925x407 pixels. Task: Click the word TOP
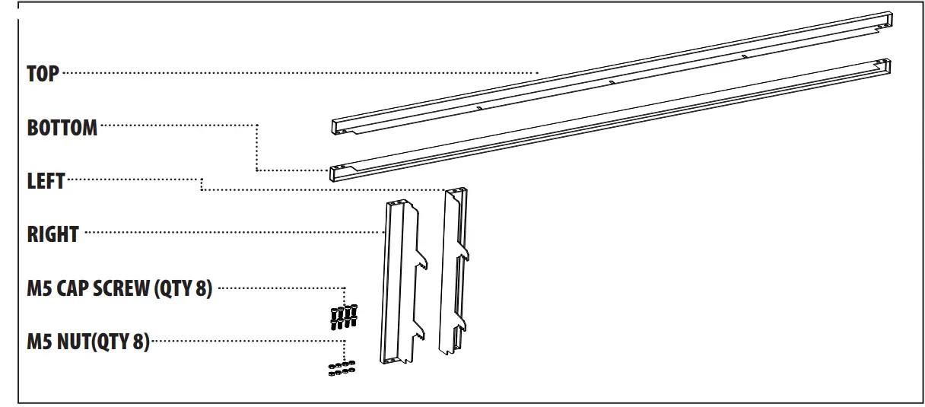(x=43, y=74)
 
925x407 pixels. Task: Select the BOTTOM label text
(x=62, y=127)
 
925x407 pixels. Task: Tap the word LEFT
(x=46, y=180)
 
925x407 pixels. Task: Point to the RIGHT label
(x=52, y=234)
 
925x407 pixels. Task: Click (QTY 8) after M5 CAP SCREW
(x=183, y=289)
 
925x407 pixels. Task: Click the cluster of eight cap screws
(x=344, y=316)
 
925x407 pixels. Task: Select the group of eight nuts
(x=342, y=370)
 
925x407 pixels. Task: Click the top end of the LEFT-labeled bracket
(x=455, y=192)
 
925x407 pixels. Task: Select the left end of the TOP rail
(x=339, y=127)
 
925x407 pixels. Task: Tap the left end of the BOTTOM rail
(x=338, y=173)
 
